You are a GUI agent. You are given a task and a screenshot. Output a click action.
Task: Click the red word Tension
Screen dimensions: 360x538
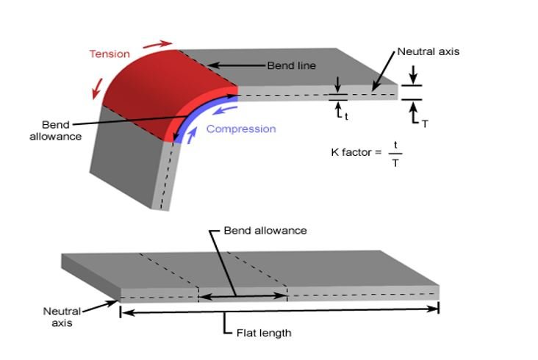click(x=110, y=54)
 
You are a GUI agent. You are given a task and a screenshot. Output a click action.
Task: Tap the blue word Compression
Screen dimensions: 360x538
click(x=241, y=129)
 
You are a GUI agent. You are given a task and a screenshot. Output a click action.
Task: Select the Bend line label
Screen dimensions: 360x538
click(x=291, y=66)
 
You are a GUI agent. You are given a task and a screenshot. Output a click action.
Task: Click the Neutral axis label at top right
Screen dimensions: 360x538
click(x=428, y=52)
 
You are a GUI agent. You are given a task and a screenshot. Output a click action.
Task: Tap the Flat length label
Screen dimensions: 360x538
click(x=264, y=333)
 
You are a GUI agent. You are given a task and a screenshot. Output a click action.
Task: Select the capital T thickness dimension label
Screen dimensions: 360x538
click(x=425, y=124)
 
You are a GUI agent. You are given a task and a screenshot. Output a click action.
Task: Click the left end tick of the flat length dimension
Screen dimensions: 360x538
click(x=120, y=312)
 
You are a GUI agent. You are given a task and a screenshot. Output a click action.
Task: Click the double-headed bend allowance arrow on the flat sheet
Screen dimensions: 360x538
click(x=243, y=296)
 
